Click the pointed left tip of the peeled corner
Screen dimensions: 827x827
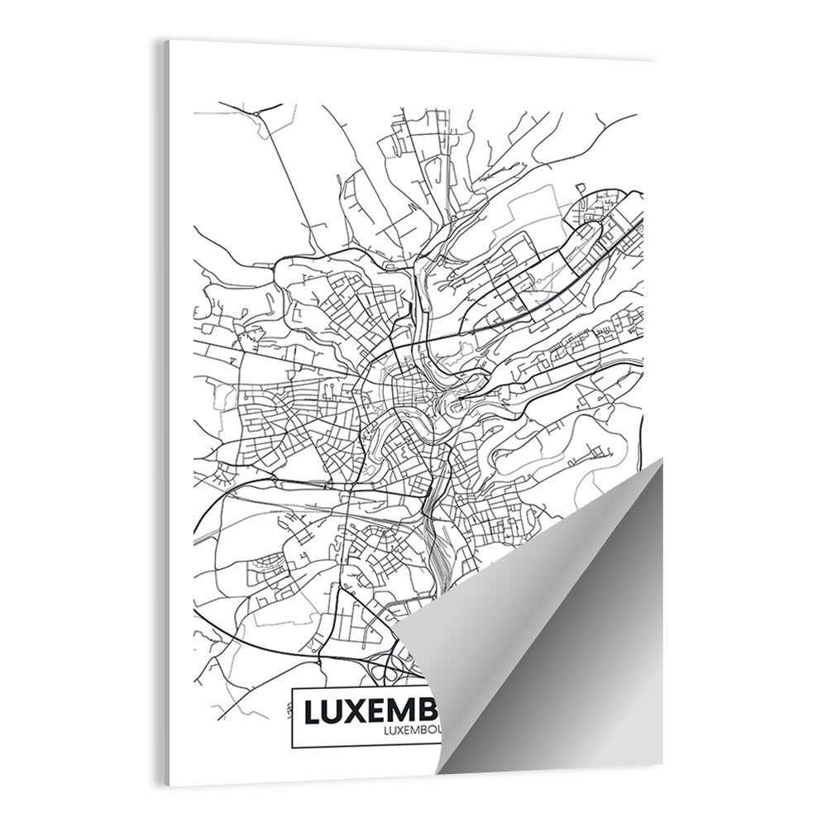point(394,638)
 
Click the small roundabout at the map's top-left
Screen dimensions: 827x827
point(256,111)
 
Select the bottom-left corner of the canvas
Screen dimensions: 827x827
point(168,786)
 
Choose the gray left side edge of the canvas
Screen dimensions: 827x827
point(165,413)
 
